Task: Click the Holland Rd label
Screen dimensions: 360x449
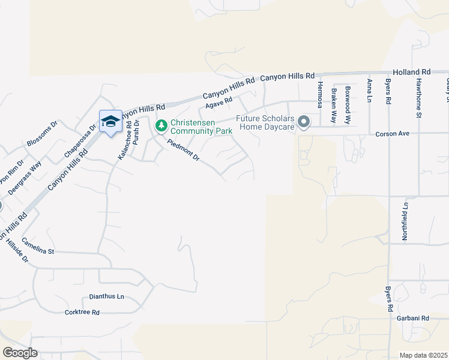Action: pos(412,71)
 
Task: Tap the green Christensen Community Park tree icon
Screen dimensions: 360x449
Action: pos(160,126)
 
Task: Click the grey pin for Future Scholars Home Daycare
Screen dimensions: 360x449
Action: pos(304,123)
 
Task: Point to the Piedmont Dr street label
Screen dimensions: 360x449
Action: pos(184,149)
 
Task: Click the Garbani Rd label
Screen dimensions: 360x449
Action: pos(413,318)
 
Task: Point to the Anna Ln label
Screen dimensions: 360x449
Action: pos(369,91)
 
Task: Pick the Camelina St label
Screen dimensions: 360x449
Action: pos(38,245)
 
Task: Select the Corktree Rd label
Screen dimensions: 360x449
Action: pos(82,313)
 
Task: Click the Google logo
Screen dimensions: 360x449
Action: pos(20,353)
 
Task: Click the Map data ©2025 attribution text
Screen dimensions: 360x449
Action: pos(424,355)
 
